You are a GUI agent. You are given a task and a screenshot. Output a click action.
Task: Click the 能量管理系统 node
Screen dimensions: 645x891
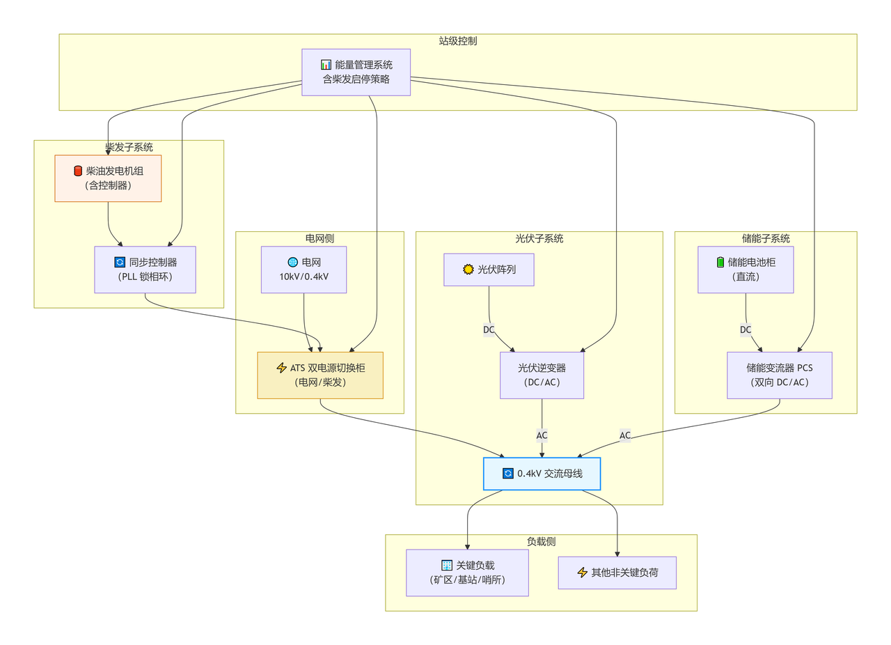pos(356,72)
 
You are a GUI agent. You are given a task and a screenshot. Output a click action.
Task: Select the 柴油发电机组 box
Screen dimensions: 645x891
pos(108,178)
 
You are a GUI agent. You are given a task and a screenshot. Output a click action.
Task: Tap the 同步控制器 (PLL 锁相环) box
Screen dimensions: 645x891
pos(145,270)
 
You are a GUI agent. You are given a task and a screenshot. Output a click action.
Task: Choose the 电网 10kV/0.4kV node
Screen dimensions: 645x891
pos(303,270)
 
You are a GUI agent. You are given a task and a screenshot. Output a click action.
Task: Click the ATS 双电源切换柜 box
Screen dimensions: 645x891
pos(320,375)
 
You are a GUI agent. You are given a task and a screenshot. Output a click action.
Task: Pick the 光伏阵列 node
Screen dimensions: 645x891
pos(489,270)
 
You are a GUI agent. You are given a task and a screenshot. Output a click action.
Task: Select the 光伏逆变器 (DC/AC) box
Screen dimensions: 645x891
pos(542,375)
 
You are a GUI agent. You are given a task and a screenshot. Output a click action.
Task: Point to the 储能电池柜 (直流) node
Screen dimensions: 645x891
pos(746,270)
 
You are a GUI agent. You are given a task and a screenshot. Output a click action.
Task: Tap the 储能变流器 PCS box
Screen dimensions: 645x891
pos(779,375)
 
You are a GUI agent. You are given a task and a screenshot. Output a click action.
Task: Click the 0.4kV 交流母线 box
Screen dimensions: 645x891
pos(542,474)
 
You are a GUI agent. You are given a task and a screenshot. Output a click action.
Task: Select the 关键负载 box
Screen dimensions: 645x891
pos(467,573)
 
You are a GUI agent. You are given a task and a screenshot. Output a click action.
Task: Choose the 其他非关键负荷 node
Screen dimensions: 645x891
pos(617,573)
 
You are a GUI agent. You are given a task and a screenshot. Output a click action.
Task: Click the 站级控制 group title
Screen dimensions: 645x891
pos(457,41)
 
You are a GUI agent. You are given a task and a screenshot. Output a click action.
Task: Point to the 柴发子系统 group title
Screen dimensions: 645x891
pos(129,147)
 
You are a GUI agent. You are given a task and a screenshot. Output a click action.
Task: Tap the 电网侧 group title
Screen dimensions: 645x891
pos(320,238)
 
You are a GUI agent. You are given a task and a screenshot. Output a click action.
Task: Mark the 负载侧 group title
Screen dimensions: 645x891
pos(541,541)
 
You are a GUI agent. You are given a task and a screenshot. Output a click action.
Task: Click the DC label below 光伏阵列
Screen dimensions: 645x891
pos(489,329)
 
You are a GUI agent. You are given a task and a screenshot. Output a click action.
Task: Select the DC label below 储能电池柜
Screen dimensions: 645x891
pos(746,329)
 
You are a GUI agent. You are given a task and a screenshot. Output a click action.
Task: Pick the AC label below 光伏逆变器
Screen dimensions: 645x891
pos(542,435)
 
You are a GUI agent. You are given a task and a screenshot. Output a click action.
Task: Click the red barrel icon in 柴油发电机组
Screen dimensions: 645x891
pos(77,171)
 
